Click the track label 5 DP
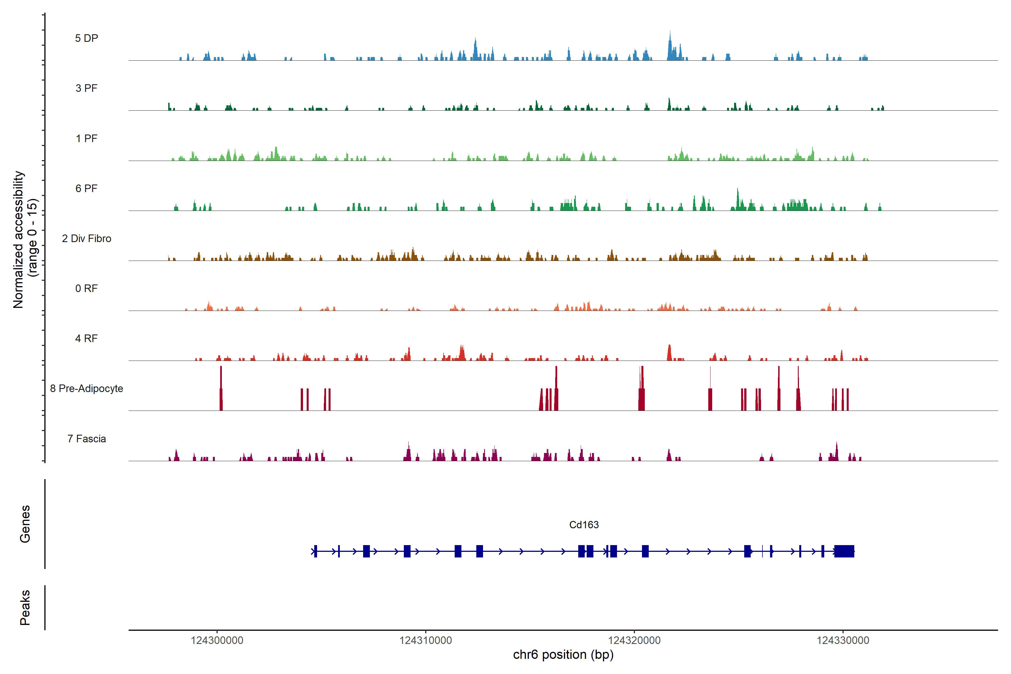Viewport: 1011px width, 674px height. pos(86,38)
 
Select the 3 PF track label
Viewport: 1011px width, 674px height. pos(86,88)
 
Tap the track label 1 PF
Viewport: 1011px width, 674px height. pos(86,138)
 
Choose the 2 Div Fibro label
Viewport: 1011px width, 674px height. pos(86,238)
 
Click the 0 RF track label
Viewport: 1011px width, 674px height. pos(86,288)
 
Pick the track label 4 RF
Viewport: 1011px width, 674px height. pos(86,338)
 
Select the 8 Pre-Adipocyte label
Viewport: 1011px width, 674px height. pos(86,389)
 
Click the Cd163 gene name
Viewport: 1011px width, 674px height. pos(584,525)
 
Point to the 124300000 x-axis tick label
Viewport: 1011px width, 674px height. pos(217,641)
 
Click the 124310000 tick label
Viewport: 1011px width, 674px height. pos(425,641)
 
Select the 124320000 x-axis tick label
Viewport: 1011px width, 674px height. pos(634,641)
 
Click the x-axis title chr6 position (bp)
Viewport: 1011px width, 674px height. pos(563,655)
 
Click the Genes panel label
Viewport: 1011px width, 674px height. pos(25,524)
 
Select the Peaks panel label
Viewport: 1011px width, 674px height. pos(25,607)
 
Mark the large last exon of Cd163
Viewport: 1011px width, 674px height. pos(844,551)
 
